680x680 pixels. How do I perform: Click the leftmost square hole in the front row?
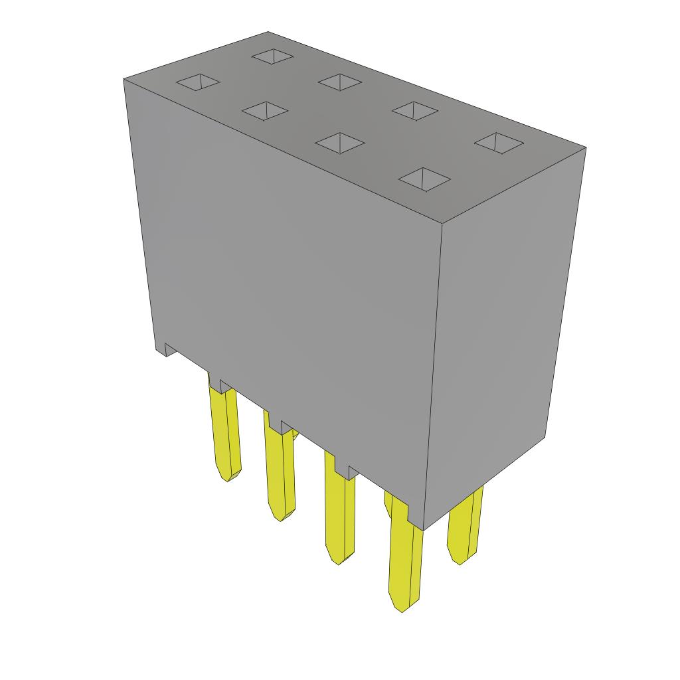[x=197, y=82]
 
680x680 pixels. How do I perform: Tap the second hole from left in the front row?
[x=265, y=111]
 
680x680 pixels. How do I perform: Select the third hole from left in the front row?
[x=340, y=143]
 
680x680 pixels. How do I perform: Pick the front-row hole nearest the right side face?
[x=425, y=179]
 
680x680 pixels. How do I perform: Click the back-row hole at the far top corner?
[x=272, y=56]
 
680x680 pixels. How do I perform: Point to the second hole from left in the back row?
[x=339, y=82]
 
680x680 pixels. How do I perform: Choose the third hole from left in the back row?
[x=415, y=110]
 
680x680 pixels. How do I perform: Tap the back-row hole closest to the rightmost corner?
[x=500, y=142]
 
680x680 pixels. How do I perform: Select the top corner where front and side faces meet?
[x=443, y=221]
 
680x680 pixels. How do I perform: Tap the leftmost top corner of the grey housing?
[x=124, y=79]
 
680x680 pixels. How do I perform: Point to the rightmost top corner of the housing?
[x=586, y=147]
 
